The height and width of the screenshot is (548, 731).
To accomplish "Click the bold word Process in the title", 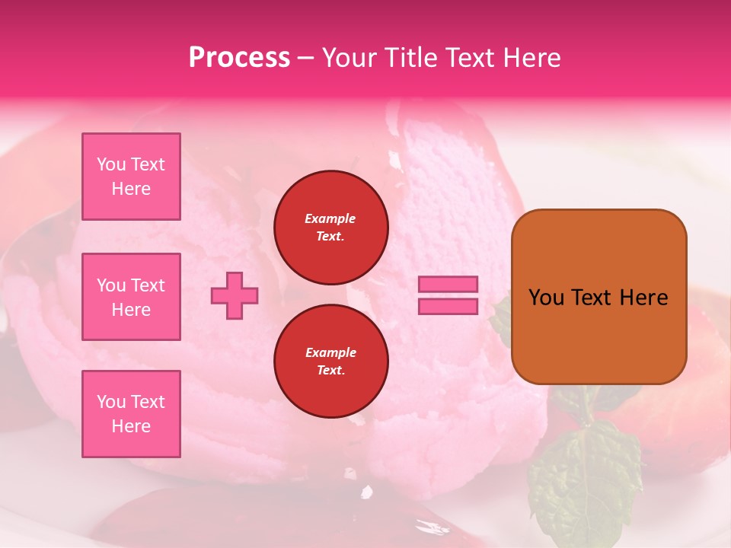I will pyautogui.click(x=239, y=57).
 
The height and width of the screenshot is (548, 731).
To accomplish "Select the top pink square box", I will pyautogui.click(x=131, y=177).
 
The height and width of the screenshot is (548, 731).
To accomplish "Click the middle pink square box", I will pyautogui.click(x=131, y=297).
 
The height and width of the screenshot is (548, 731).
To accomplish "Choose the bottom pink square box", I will pyautogui.click(x=131, y=414).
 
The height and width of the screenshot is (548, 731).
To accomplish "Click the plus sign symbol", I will pyautogui.click(x=235, y=295).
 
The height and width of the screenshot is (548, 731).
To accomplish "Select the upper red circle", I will pyautogui.click(x=331, y=228).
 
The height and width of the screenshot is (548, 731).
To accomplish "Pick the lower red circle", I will pyautogui.click(x=331, y=362).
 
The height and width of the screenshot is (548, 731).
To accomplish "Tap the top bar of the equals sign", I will pyautogui.click(x=448, y=285).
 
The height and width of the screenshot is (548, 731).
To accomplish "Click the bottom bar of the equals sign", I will pyautogui.click(x=448, y=306).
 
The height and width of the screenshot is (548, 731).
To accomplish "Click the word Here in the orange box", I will pyautogui.click(x=643, y=298).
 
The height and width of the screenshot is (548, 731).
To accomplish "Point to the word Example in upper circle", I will pyautogui.click(x=330, y=218).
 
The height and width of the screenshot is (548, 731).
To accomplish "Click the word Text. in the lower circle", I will pyautogui.click(x=330, y=371).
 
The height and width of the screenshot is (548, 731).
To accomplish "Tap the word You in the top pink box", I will pyautogui.click(x=110, y=164).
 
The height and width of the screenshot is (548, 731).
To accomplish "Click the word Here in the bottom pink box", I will pyautogui.click(x=131, y=426).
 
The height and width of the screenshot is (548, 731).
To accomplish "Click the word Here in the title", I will pyautogui.click(x=531, y=57).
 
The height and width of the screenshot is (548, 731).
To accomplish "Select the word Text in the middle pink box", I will pyautogui.click(x=148, y=285).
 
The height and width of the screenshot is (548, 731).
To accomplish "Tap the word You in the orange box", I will pyautogui.click(x=546, y=298).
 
